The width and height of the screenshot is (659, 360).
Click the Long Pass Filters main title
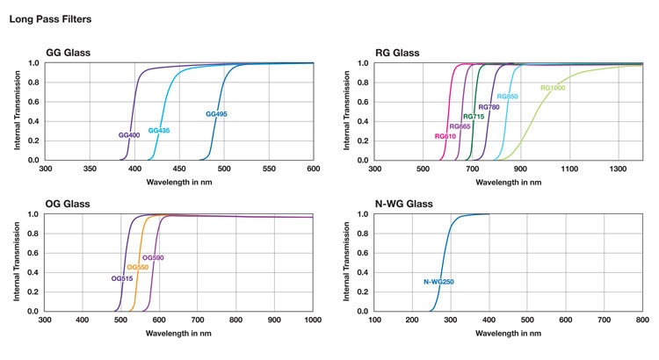point(50,18)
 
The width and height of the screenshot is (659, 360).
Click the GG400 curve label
point(130,135)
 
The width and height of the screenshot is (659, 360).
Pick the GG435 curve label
point(159,131)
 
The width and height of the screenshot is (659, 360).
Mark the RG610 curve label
point(445,136)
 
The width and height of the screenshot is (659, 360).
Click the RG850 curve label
point(507,97)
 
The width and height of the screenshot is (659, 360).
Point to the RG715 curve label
point(474,117)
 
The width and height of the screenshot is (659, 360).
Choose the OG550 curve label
point(138,267)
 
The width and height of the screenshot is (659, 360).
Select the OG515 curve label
point(122,278)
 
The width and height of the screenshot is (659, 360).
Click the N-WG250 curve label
point(438,282)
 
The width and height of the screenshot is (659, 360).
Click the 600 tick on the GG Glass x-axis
point(313,168)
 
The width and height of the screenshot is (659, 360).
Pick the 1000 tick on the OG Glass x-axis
point(313,319)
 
